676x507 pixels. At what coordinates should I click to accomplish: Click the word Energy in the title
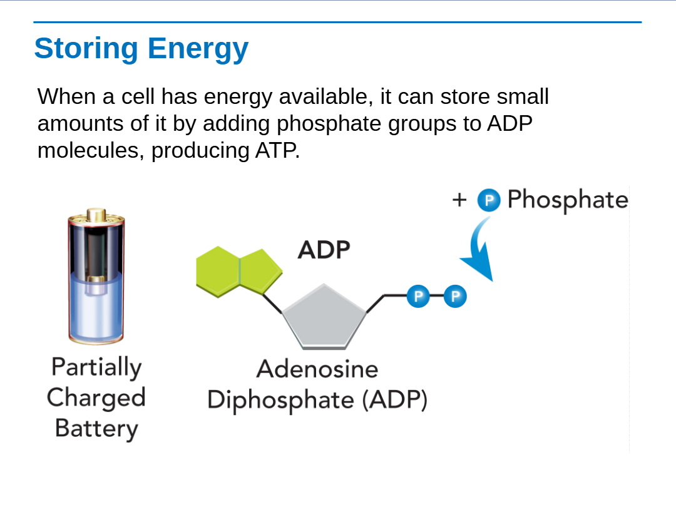point(198,49)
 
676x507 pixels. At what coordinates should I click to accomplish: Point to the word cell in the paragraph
point(138,96)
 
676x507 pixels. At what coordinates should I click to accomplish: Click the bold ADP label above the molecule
point(324,250)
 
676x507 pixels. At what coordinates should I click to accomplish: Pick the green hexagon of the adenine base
point(218,272)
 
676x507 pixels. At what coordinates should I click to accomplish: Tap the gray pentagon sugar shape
point(324,316)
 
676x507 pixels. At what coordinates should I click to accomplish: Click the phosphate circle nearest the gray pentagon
point(418,296)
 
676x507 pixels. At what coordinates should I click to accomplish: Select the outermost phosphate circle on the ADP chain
point(455,296)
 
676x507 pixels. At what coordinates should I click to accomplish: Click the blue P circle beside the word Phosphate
point(489,200)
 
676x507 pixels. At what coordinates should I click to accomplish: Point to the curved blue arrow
point(479,249)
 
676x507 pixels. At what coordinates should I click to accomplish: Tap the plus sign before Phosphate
point(459,200)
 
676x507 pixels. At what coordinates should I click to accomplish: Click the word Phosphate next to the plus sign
point(568,200)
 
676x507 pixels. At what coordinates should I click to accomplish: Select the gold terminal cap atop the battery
point(96,214)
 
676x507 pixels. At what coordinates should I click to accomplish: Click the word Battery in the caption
point(96,429)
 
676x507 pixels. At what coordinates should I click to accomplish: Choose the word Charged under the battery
point(96,398)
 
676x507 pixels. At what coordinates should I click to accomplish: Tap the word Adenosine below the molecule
point(317,369)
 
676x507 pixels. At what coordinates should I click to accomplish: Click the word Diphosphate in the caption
point(280,400)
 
